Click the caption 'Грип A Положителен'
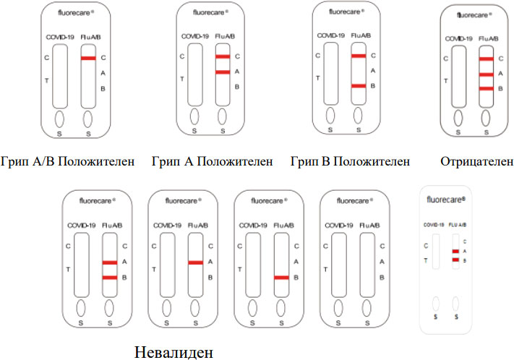click(213, 161)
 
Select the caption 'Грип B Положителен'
click(350, 160)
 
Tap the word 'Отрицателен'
click(476, 160)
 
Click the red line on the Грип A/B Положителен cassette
click(88, 58)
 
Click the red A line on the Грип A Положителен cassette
click(223, 72)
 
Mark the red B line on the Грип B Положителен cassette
click(358, 86)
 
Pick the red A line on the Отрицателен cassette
click(486, 74)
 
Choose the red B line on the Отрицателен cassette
click(486, 88)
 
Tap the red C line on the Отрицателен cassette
click(486, 59)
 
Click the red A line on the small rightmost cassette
click(455, 251)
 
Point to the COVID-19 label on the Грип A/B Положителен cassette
click(59, 35)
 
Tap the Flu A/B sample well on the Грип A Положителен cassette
click(223, 116)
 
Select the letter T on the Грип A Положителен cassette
click(181, 79)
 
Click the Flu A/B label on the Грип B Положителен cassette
click(359, 35)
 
